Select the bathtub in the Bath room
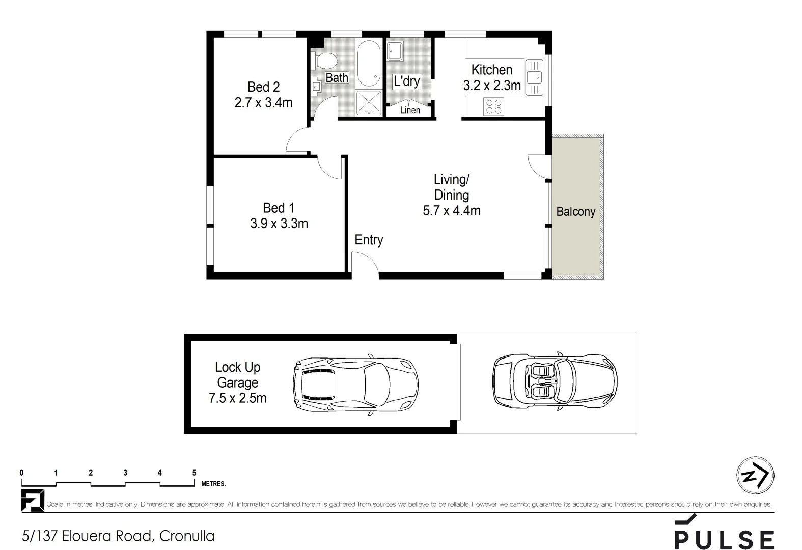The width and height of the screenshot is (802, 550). point(368,64)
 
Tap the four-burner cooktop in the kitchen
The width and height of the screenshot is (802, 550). point(493,106)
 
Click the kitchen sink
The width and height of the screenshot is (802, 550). point(534,77)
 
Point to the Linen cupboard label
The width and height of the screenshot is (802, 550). point(410,110)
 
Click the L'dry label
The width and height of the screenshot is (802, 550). point(406,81)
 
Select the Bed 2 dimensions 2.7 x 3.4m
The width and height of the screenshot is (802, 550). point(263,103)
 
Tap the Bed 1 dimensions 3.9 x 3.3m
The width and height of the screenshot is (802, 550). point(279,224)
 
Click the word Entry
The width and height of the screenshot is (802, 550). point(369,240)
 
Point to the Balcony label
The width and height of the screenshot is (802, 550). point(575,211)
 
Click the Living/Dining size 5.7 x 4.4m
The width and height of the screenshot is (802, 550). point(452,210)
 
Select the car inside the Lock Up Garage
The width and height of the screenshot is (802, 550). point(355,383)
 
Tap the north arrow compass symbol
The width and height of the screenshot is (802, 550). point(755,475)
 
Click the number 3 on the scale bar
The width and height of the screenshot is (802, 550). point(125,473)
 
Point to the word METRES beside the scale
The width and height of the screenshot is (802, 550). point(213,484)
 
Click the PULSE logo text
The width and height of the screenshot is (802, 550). point(724,539)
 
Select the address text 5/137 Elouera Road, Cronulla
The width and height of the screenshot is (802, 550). point(118,536)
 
